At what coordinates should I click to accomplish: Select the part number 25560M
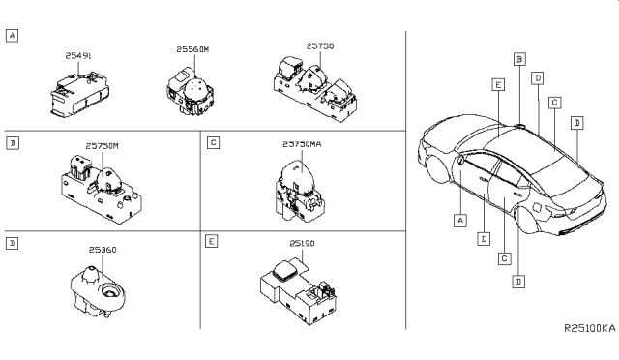(193, 47)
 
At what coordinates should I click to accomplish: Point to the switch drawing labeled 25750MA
(295, 188)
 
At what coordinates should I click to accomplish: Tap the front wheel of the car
(437, 169)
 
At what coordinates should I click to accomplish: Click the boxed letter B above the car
(518, 59)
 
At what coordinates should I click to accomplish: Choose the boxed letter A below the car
(460, 220)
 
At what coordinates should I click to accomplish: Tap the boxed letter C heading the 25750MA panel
(212, 142)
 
